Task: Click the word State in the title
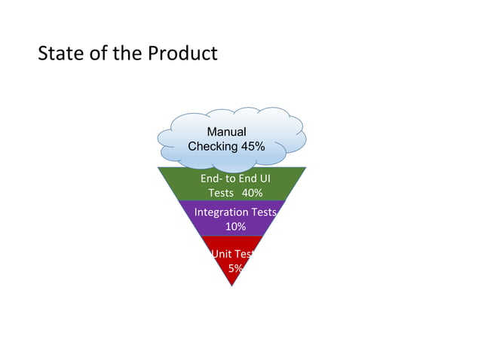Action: (x=57, y=54)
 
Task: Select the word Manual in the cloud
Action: (x=226, y=133)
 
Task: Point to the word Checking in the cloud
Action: (x=213, y=146)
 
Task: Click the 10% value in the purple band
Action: (x=235, y=227)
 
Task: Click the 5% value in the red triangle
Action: (x=235, y=269)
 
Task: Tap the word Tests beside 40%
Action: (x=221, y=193)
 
